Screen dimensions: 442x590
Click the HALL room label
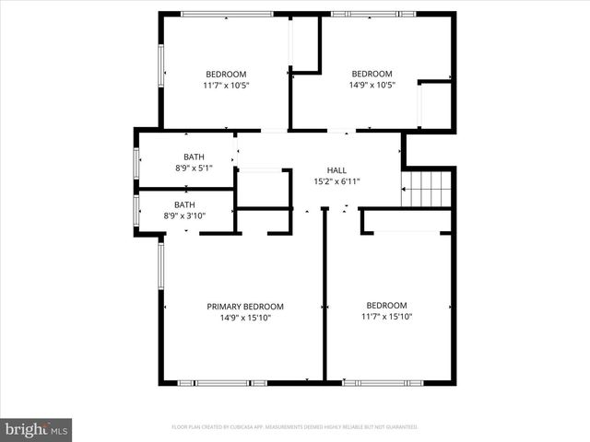tap(336, 170)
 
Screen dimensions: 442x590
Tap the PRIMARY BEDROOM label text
tap(245, 307)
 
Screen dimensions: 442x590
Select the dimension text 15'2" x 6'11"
tap(336, 181)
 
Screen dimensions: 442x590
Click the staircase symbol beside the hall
tap(428, 189)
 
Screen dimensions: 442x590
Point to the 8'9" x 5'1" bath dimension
tap(194, 169)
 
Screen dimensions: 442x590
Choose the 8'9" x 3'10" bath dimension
tap(184, 216)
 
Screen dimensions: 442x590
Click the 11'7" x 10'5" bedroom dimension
tap(226, 86)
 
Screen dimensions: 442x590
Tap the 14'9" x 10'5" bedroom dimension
tap(372, 86)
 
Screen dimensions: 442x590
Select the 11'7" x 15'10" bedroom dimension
tap(387, 318)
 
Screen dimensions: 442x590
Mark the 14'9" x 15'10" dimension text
tap(245, 318)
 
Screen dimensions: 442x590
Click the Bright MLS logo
tap(37, 429)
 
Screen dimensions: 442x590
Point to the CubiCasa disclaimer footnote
tap(295, 427)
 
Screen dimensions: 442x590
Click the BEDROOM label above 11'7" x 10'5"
tap(226, 75)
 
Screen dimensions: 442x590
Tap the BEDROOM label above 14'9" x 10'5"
tap(372, 75)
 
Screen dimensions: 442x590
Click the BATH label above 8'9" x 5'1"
tap(194, 157)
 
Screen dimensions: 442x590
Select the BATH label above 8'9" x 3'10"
tap(184, 205)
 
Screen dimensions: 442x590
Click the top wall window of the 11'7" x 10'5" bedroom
tap(227, 14)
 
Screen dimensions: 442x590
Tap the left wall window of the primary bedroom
tap(160, 272)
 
